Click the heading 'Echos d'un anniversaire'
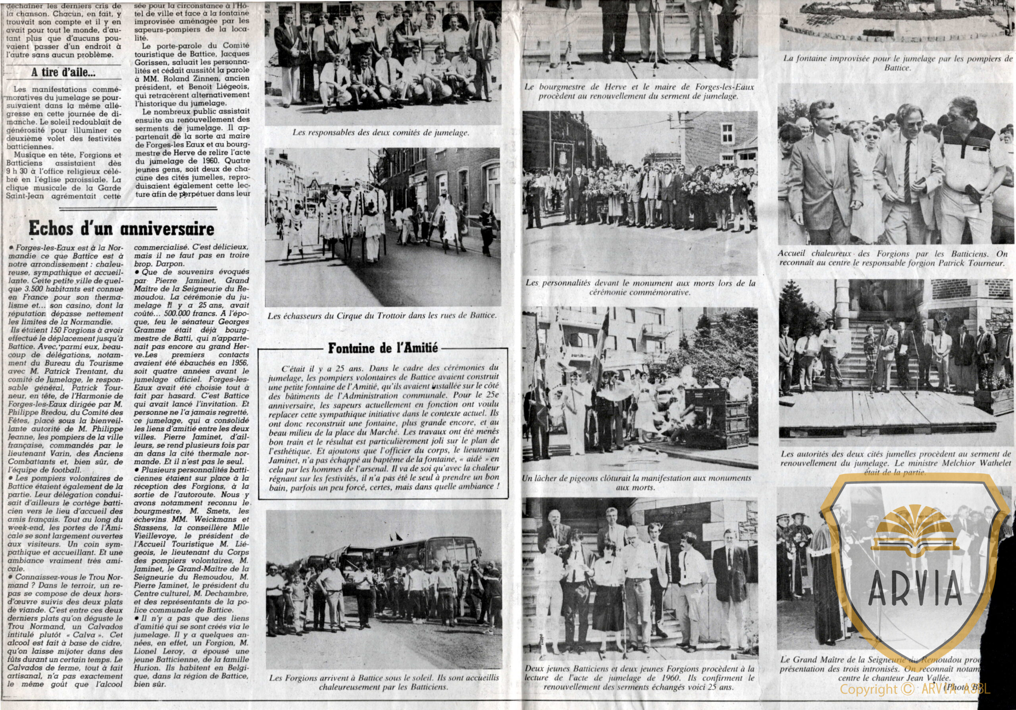pos(121,228)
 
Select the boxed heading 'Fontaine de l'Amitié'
pos(383,348)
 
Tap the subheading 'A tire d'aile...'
pos(63,72)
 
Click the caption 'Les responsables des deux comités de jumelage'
pos(381,132)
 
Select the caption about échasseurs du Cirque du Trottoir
pos(382,316)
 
